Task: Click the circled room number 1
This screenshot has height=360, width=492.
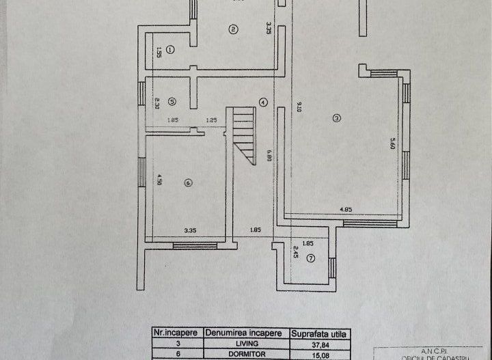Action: pos(170,49)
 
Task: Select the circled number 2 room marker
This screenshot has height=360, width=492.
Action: pos(233,29)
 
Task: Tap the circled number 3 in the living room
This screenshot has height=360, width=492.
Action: pos(336,117)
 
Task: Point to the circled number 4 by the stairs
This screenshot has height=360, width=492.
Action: pos(262,102)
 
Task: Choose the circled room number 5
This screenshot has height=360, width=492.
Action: pos(172,101)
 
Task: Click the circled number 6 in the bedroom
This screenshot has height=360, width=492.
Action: pos(189,182)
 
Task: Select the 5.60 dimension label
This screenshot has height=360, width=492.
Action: pos(392,144)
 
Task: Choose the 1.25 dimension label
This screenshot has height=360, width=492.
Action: pos(211,120)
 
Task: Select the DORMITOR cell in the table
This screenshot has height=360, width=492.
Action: pos(247,355)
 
